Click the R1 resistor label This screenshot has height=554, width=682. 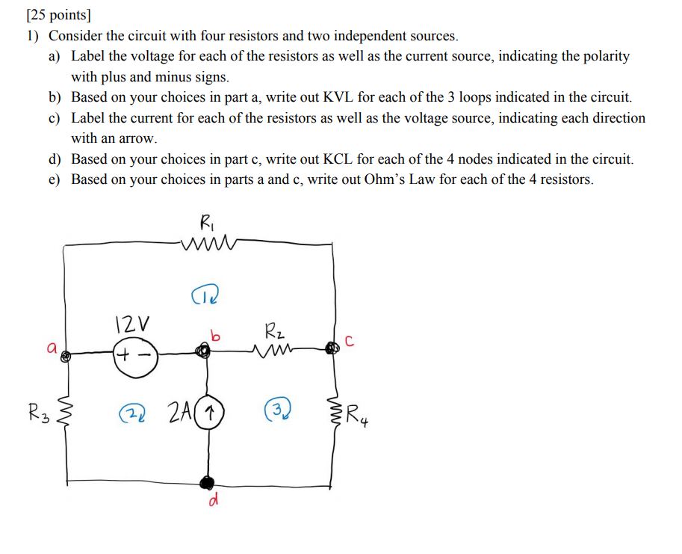pyautogui.click(x=205, y=221)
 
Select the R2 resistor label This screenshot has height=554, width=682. pyautogui.click(x=273, y=330)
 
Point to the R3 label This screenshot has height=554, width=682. pyautogui.click(x=39, y=412)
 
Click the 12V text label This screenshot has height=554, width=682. pyautogui.click(x=132, y=324)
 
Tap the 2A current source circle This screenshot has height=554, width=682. pyautogui.click(x=211, y=412)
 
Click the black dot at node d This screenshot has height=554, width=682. pyautogui.click(x=208, y=481)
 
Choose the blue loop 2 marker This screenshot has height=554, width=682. pyautogui.click(x=134, y=412)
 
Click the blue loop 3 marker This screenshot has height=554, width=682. pyautogui.click(x=277, y=410)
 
